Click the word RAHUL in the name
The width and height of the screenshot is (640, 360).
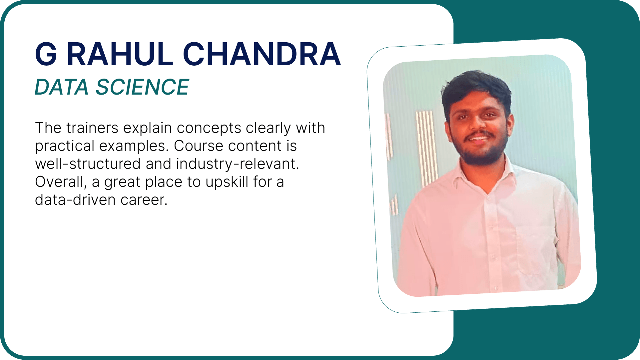point(120,54)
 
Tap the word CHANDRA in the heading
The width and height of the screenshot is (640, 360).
point(262,54)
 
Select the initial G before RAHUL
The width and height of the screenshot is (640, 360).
point(46,54)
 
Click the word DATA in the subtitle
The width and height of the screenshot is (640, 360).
point(62,87)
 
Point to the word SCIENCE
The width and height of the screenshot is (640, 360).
point(143,87)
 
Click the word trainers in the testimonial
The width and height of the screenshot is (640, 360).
point(92,128)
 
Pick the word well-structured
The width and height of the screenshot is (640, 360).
point(88,164)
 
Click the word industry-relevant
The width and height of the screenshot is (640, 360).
point(238,164)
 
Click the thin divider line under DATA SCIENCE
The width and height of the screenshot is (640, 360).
point(183,106)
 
